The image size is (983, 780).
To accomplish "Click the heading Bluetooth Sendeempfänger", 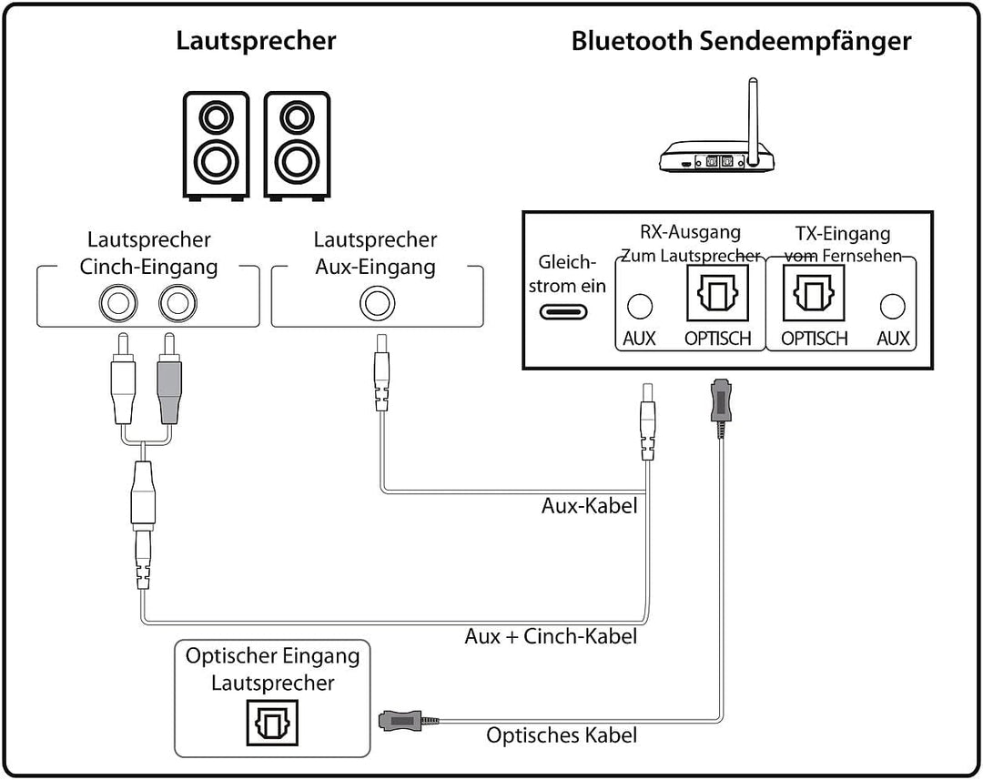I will click(x=741, y=41).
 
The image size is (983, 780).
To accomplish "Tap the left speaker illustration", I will click(x=216, y=145).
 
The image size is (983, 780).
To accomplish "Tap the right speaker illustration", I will click(x=297, y=145).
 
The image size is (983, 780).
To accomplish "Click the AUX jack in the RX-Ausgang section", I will click(x=641, y=306).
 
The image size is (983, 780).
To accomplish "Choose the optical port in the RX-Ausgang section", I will click(x=716, y=292).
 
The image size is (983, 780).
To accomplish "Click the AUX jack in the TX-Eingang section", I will click(x=893, y=306).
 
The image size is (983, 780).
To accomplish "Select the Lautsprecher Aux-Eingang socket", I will click(x=376, y=302).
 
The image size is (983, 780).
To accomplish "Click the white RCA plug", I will click(x=123, y=382).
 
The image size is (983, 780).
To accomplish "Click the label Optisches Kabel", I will click(x=562, y=735).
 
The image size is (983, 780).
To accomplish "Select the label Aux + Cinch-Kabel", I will click(x=551, y=636).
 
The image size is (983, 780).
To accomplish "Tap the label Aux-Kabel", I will click(x=589, y=505).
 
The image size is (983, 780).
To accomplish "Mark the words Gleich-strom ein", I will click(x=572, y=273).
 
